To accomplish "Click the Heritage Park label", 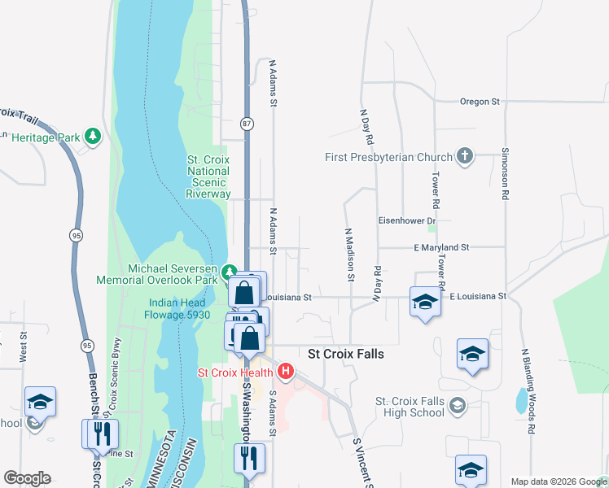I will tap(46, 137).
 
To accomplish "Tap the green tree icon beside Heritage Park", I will tap(94, 137).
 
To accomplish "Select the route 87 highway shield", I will tap(248, 124).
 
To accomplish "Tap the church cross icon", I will tap(465, 156).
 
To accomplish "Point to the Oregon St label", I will tap(479, 102).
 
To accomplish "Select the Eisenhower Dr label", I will tap(407, 220).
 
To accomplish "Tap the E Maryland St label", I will tap(442, 246).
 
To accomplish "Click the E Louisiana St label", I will tap(479, 297).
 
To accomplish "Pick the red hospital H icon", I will tap(285, 373).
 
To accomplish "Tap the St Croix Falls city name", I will tap(346, 355).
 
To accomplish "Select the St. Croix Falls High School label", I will tap(410, 407).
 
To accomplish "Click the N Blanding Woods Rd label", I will tap(528, 390).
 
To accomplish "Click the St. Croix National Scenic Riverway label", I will tap(208, 176).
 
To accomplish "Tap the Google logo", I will tap(27, 477).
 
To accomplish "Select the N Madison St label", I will tap(350, 255).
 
